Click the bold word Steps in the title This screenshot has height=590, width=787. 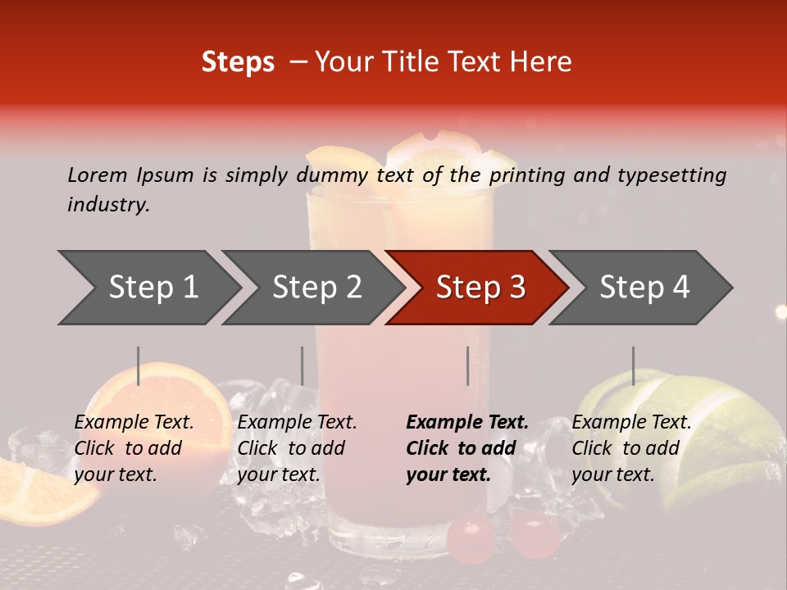(x=238, y=62)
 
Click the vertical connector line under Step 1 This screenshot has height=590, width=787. (x=139, y=365)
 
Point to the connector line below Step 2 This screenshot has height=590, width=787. (x=303, y=365)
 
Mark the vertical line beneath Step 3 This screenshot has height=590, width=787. (x=468, y=365)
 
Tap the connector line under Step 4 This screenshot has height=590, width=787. (x=633, y=365)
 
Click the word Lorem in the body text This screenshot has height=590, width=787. (x=98, y=175)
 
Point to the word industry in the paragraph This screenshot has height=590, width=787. (x=107, y=205)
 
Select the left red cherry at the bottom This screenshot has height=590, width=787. (x=471, y=537)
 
